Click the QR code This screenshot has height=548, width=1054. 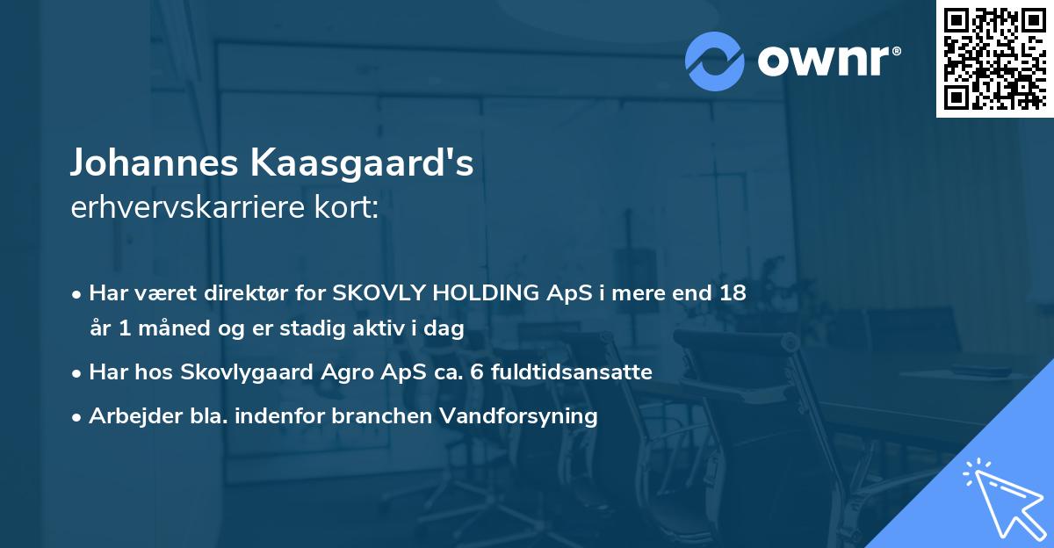994,59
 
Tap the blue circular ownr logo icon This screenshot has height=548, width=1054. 714,61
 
